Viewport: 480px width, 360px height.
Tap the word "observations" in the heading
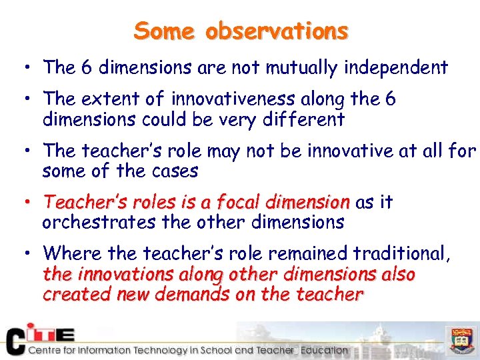click(x=277, y=31)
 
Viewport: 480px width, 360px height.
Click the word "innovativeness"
click(x=233, y=100)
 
